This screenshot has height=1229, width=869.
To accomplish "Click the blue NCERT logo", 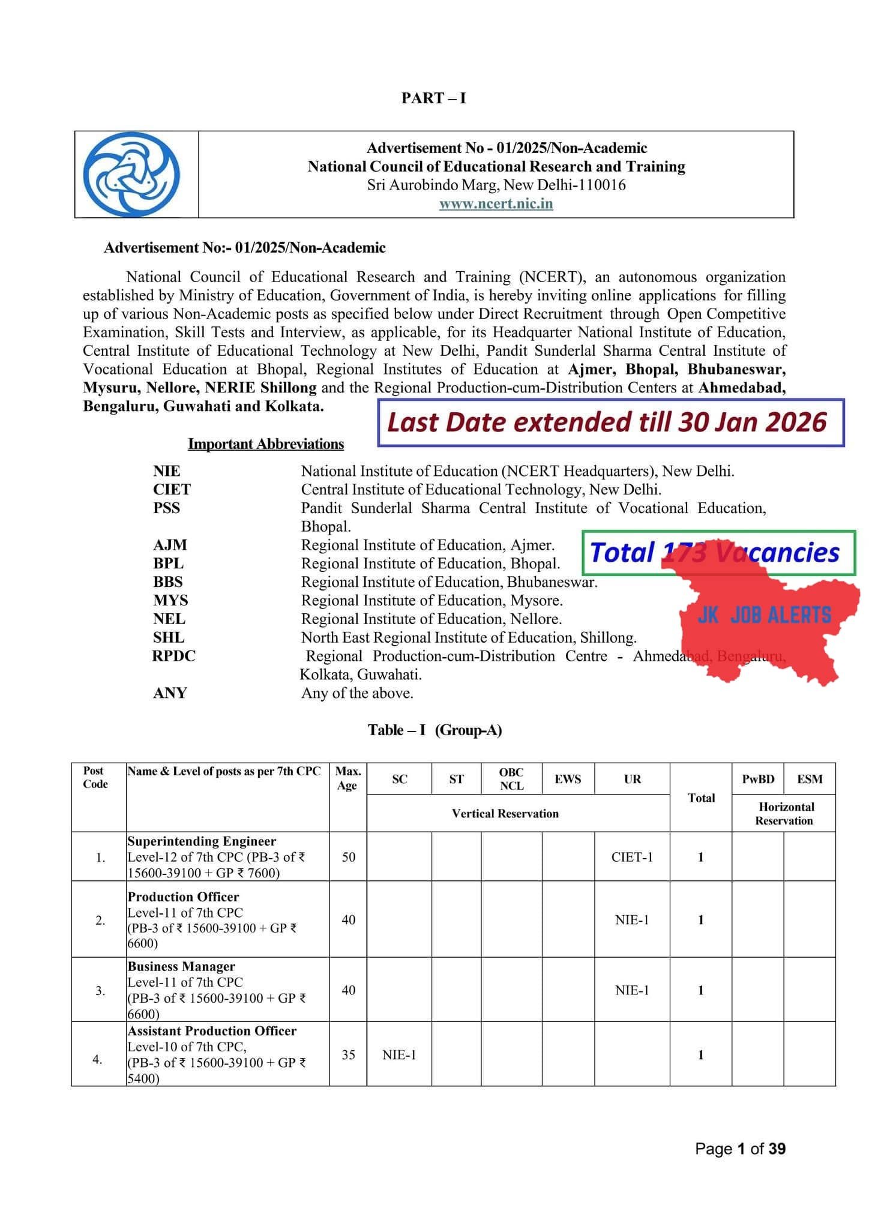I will tap(131, 175).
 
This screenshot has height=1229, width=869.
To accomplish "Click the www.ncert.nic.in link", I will tap(496, 203).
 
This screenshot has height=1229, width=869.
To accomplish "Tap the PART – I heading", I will tap(433, 98).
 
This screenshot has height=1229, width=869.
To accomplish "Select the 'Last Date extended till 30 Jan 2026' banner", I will tap(610, 422).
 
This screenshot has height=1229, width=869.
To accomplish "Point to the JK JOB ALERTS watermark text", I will tap(764, 615).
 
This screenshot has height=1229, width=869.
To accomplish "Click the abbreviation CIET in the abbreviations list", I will tap(172, 490).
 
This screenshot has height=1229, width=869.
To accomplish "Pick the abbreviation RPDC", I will tap(173, 656).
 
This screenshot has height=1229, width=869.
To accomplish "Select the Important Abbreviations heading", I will tap(266, 444).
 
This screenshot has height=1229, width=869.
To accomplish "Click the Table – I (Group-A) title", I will tap(434, 730).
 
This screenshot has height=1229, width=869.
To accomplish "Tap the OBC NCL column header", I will tap(511, 779).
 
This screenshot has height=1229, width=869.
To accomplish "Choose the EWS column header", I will tap(568, 779).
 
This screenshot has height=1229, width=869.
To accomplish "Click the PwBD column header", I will tap(758, 779).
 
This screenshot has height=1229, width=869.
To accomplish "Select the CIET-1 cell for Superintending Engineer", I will tap(632, 857).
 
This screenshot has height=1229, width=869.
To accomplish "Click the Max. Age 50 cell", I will tap(348, 857).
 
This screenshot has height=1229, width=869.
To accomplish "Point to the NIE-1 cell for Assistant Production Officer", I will tap(399, 1054).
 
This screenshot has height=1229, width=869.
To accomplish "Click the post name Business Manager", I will tap(181, 967).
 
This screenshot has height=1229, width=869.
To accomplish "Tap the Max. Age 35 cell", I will tap(348, 1054).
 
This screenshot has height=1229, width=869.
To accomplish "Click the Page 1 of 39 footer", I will tap(740, 1149).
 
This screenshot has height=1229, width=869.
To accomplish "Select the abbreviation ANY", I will tap(170, 693).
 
